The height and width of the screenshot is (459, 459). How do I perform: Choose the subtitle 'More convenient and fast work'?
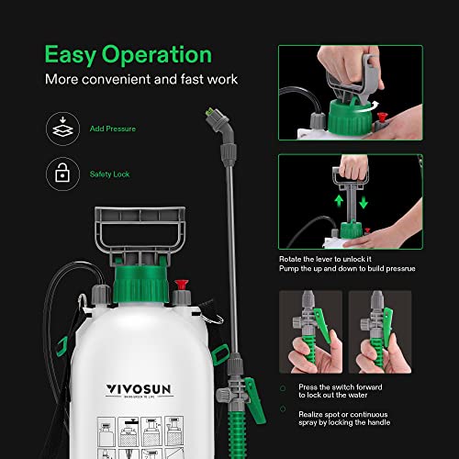(141, 80)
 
